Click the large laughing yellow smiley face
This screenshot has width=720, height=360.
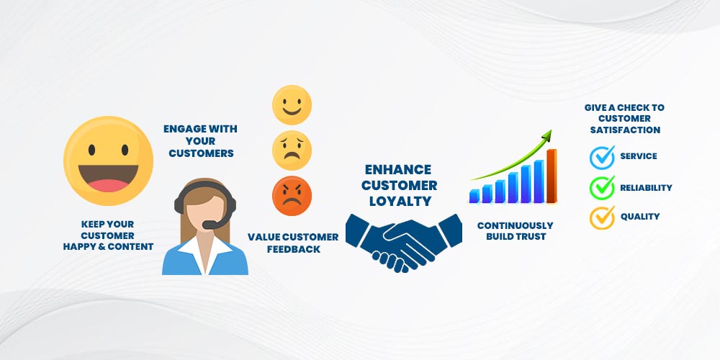(x=109, y=161)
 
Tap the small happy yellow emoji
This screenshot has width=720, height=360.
(x=292, y=104)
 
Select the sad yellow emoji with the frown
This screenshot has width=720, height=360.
(x=292, y=150)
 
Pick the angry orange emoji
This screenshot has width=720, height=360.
(x=292, y=196)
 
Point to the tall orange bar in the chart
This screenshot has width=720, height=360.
(x=552, y=176)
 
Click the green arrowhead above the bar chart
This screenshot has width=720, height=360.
(x=546, y=135)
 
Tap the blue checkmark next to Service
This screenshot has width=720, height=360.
(x=602, y=157)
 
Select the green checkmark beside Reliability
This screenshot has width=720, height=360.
(x=602, y=187)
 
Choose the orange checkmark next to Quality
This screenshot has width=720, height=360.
(x=602, y=217)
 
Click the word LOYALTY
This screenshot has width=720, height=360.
(x=400, y=201)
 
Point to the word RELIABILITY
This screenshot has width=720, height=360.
(x=646, y=187)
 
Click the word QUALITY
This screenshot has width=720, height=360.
(x=640, y=216)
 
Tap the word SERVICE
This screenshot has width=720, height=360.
(x=638, y=156)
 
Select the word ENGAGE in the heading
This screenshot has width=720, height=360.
(x=182, y=129)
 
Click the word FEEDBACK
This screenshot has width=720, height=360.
(x=294, y=249)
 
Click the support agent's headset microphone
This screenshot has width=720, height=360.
(x=210, y=225)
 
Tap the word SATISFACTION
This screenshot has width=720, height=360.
(x=625, y=130)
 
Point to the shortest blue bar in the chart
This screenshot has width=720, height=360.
(x=474, y=196)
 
